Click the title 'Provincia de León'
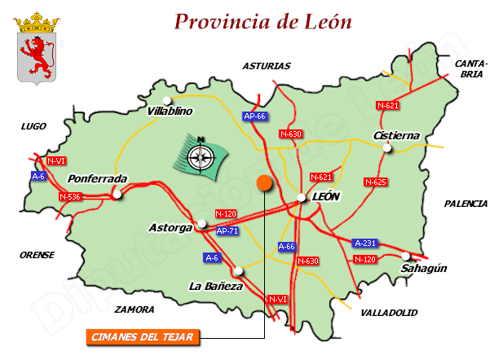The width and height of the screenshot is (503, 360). [263, 21]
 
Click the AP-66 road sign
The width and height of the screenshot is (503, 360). [255, 116]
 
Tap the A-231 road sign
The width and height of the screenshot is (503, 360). [364, 243]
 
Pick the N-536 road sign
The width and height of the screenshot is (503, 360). [70, 196]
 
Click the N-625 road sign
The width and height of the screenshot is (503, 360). [375, 182]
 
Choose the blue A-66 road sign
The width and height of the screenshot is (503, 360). [288, 246]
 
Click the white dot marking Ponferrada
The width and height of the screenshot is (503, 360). [117, 195]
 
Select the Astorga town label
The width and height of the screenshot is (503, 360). [170, 226]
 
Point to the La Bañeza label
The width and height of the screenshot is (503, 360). [215, 286]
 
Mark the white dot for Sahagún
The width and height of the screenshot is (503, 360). [406, 256]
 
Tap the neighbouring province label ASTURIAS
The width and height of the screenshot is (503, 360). [266, 66]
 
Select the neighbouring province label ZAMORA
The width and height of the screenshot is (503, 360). [134, 310]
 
